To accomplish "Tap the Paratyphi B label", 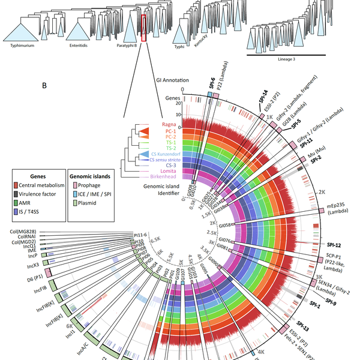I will pos(128,44).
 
